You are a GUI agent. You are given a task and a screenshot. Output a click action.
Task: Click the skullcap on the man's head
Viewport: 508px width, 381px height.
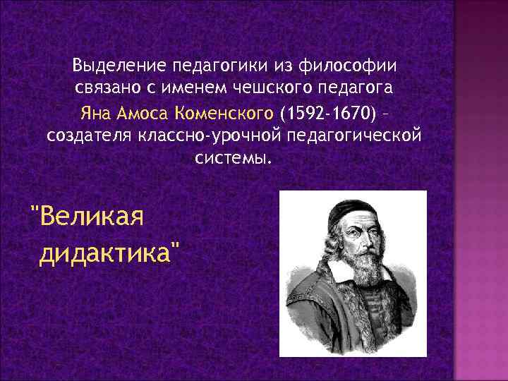pos(346,206)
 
